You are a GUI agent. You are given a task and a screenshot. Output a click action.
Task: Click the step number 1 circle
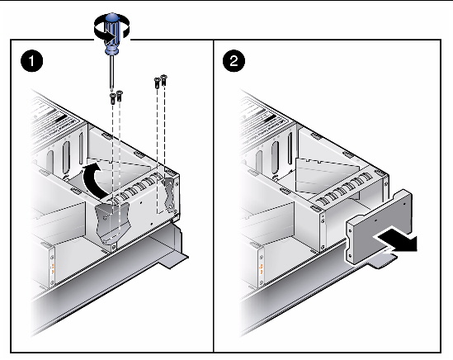[31, 61]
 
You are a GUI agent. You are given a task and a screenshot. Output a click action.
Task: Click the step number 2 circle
[234, 61]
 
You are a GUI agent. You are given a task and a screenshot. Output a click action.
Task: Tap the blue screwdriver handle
[111, 34]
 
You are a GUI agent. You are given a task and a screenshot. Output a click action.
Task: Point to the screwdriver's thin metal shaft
[111, 73]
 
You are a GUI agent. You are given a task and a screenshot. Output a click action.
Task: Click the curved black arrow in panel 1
[91, 181]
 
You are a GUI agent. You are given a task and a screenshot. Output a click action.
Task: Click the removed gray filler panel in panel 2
[380, 226]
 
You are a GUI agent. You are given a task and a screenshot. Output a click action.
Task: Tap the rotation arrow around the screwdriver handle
[112, 30]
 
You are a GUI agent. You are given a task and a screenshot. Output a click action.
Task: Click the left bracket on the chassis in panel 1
[111, 223]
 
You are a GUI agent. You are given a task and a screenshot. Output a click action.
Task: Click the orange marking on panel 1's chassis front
[53, 269]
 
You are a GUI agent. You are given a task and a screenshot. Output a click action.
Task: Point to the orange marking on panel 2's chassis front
[262, 269]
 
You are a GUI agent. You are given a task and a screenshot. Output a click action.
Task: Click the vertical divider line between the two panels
[213, 196]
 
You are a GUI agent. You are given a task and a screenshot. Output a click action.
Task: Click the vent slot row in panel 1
[136, 188]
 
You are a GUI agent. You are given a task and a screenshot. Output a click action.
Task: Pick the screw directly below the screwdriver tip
[112, 98]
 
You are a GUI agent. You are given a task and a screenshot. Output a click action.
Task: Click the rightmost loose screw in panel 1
[164, 80]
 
